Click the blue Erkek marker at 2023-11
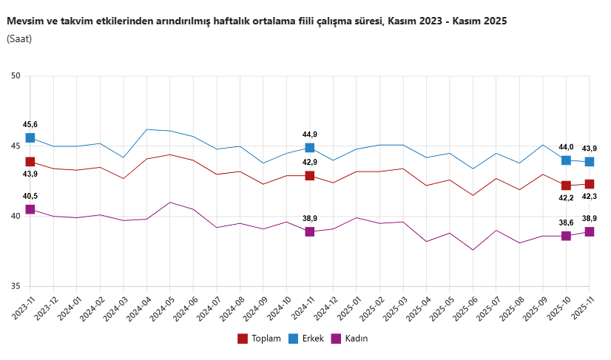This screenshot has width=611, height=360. [30, 137]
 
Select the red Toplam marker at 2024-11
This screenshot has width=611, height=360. [310, 176]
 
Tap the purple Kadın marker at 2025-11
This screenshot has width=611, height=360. [590, 231]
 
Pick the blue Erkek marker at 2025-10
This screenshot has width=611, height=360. [566, 160]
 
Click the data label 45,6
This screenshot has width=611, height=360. [30, 124]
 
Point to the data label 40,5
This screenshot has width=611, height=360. [30, 196]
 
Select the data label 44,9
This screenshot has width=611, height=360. [310, 135]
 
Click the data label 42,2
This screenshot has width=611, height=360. [565, 197]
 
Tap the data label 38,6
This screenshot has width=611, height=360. [566, 223]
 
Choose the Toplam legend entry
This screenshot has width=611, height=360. [259, 339]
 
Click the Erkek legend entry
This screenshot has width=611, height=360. [308, 339]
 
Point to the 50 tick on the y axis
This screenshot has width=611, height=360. [16, 76]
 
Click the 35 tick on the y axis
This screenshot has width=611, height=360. [16, 287]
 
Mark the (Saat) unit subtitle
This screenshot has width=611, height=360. [19, 38]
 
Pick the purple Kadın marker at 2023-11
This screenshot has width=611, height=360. [30, 209]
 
